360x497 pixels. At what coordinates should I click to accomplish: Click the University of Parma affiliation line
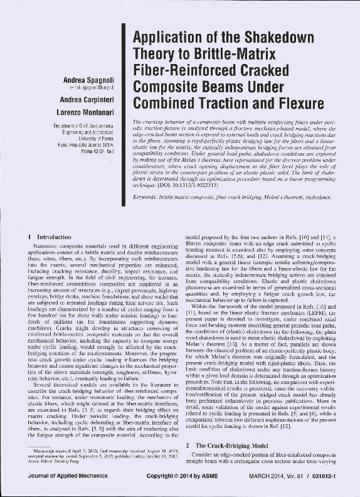click(x=94, y=137)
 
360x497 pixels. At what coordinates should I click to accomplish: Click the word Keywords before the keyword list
click(x=149, y=197)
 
